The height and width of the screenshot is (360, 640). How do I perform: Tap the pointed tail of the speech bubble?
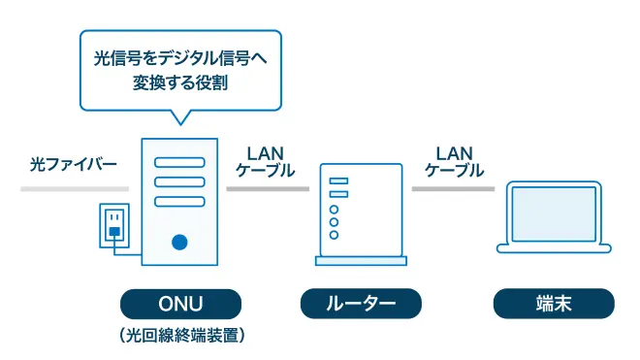[178, 117]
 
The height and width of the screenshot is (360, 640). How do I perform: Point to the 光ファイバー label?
[73, 165]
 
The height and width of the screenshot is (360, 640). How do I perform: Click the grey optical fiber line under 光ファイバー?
[74, 188]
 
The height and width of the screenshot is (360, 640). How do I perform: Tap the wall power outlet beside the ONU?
[113, 224]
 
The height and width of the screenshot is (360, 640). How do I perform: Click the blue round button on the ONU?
[179, 242]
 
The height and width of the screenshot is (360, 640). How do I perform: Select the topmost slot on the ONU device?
[179, 160]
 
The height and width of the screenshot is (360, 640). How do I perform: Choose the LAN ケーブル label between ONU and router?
[266, 162]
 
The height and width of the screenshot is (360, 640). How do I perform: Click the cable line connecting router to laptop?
[454, 188]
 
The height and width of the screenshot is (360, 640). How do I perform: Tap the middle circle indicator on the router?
[335, 222]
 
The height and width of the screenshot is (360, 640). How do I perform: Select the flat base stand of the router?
[362, 260]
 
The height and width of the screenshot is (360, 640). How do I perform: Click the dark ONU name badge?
[179, 304]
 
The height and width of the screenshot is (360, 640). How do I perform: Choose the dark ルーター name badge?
[362, 304]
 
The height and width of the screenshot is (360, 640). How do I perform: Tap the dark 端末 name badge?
[554, 304]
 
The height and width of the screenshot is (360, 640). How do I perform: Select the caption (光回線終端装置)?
[180, 337]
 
